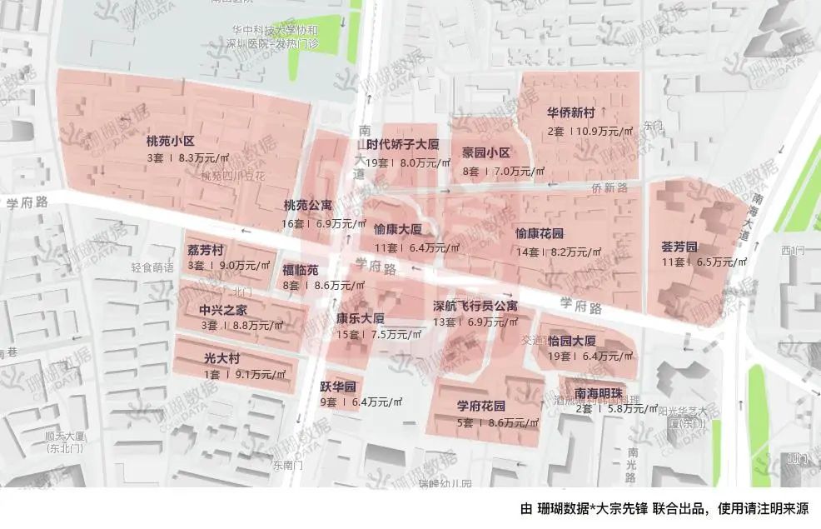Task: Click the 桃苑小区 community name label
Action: (170, 141)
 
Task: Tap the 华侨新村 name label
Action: (570, 113)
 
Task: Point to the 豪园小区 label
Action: (486, 152)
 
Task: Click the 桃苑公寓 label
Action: (307, 205)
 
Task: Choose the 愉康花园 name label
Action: (540, 233)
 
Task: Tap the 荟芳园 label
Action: (679, 247)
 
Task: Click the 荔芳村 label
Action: (205, 251)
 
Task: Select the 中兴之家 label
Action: (222, 309)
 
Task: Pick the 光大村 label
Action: (222, 358)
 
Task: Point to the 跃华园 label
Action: (338, 387)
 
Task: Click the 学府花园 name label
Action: (481, 407)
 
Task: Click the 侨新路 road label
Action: (610, 188)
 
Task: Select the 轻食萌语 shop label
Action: (152, 267)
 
